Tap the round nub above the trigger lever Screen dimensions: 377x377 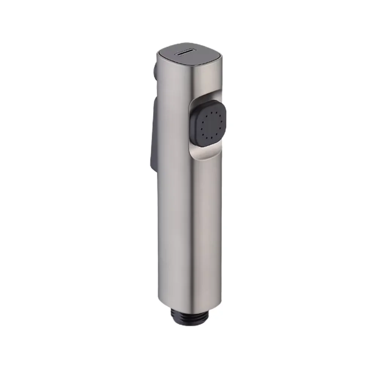coord(154,72)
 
